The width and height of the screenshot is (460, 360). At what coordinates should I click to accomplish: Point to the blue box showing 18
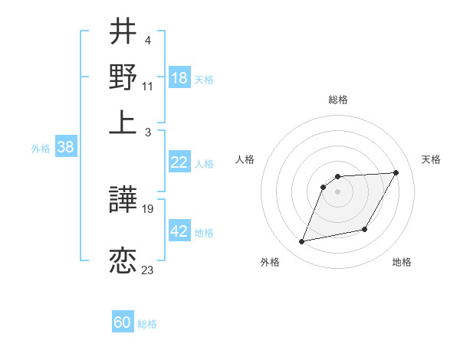(179, 78)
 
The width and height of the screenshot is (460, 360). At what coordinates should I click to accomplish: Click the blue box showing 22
(179, 162)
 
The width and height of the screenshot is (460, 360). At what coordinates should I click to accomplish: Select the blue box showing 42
(179, 231)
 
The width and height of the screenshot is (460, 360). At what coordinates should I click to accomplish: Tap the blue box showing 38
(65, 148)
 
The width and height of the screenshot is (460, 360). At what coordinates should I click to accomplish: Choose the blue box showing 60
(123, 323)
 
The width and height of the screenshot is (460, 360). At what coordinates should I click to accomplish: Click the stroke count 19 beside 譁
(149, 209)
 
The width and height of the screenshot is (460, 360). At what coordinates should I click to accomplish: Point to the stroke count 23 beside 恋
(148, 270)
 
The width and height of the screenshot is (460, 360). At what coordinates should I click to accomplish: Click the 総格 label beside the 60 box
(147, 324)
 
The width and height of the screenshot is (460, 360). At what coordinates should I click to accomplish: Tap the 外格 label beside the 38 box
(41, 149)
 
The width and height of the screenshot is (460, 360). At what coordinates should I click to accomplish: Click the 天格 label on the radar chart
(431, 159)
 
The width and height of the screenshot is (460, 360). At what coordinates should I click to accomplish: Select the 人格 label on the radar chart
(245, 159)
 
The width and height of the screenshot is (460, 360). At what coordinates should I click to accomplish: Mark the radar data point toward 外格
(302, 242)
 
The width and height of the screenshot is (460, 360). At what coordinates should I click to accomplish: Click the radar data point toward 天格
(396, 173)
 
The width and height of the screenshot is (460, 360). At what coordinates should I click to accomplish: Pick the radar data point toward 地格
(365, 229)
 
